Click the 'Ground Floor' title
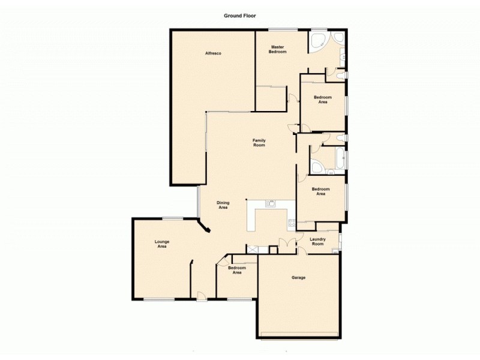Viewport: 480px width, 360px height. [240, 16]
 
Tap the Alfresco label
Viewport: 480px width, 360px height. [214, 54]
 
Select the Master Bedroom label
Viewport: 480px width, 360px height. [277, 49]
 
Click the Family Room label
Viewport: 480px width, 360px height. [259, 143]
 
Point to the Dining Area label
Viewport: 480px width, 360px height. [223, 205]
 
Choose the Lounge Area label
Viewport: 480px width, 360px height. [162, 244]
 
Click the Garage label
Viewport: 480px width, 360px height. [298, 278]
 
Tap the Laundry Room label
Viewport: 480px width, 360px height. [317, 241]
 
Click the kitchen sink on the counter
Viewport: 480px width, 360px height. [271, 203]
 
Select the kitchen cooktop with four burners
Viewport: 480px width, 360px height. [292, 224]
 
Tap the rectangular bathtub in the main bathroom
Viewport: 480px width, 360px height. [339, 160]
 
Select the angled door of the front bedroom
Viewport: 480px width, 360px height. [221, 260]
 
